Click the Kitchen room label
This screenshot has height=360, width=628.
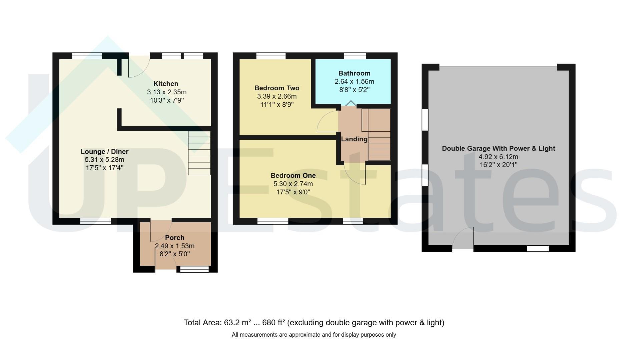coord(166,84)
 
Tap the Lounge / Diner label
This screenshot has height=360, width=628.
coord(104,152)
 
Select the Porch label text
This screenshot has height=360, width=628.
coord(175,238)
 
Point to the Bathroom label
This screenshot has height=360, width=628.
coord(354,73)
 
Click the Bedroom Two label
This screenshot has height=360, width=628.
coord(277,88)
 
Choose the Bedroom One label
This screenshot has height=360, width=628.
coord(293,175)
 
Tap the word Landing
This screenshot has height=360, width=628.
coord(354,139)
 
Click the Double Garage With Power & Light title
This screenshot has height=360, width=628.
coord(498,148)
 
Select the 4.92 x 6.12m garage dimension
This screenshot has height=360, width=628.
coord(498,157)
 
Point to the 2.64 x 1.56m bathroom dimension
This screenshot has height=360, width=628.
coord(354,81)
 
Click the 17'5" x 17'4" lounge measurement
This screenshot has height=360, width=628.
coord(104,168)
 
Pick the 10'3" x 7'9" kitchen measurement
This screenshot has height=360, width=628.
coord(167,100)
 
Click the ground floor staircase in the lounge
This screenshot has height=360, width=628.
coord(199,153)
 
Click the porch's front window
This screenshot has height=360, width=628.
coord(195,269)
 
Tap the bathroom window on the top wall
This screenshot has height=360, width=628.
coord(355,56)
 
